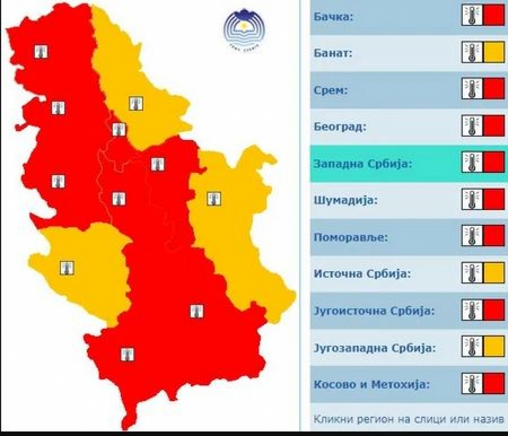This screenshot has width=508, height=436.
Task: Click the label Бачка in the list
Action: [333, 17]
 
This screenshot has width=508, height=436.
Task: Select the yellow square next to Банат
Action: [494, 53]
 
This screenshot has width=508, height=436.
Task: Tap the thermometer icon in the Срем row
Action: [472, 89]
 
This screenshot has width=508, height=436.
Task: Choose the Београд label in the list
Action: [340, 127]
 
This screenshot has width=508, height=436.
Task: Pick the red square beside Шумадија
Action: [494, 199]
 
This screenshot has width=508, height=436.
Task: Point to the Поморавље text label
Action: [351, 237]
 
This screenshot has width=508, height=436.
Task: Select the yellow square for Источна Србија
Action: [494, 273]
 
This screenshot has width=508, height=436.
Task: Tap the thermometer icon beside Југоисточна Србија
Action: [472, 310]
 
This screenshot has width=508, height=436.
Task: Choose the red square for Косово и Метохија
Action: [494, 383]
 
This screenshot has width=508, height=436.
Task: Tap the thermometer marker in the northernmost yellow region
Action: [135, 103]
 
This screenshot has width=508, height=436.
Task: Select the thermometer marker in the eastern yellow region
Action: [214, 198]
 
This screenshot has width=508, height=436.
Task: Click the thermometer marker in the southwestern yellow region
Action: [67, 267]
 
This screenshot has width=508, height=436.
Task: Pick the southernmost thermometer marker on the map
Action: [128, 355]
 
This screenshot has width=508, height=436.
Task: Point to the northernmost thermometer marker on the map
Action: [41, 52]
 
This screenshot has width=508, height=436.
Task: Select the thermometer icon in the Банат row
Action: [472, 53]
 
